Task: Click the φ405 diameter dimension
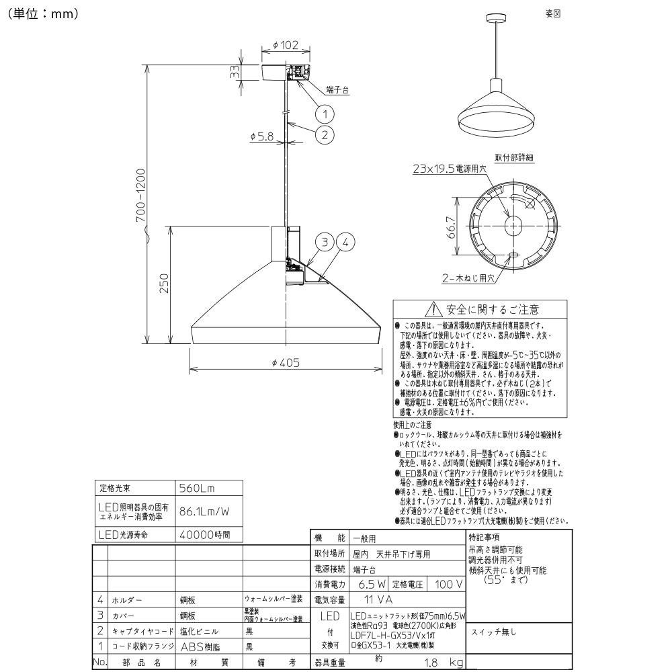coord(286,362)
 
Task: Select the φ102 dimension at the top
coord(286,46)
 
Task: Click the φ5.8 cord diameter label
coord(261,136)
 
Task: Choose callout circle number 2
coord(325,134)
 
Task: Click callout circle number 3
coord(325,243)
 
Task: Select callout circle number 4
coord(345,243)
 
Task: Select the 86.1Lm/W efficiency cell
coord(204,511)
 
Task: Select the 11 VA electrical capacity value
coord(378,599)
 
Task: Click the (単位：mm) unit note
coord(43,13)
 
